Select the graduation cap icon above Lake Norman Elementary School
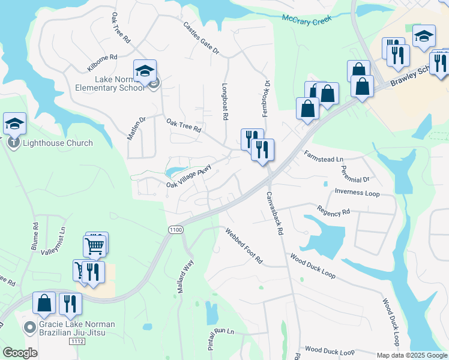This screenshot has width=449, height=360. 145,71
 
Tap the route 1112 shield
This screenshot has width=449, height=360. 76,341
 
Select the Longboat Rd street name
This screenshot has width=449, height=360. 226,103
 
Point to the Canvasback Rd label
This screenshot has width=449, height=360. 274,214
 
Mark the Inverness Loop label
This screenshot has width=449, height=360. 357,193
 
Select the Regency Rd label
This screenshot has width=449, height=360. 334,212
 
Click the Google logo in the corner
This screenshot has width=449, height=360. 20,353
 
